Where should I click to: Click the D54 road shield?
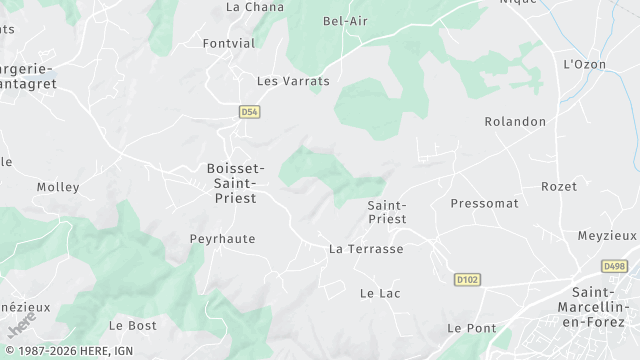pyautogui.click(x=250, y=112)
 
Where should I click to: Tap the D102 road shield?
pyautogui.click(x=466, y=279)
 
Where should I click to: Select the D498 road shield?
pyautogui.click(x=615, y=266)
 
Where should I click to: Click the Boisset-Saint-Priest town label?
pyautogui.click(x=236, y=183)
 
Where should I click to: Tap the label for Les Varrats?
pyautogui.click(x=293, y=80)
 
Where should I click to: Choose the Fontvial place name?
pyautogui.click(x=228, y=44)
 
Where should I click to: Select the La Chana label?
pyautogui.click(x=249, y=6)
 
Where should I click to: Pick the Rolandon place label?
pyautogui.click(x=515, y=122)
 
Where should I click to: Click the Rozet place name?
pyautogui.click(x=559, y=187)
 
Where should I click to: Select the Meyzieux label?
pyautogui.click(x=607, y=236)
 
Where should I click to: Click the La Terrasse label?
pyautogui.click(x=366, y=248)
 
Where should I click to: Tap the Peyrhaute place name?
pyautogui.click(x=223, y=239)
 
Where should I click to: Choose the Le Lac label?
pyautogui.click(x=380, y=293)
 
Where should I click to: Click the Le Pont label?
pyautogui.click(x=472, y=328)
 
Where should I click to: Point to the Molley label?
pyautogui.click(x=58, y=187)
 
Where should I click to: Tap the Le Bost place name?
pyautogui.click(x=132, y=326)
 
